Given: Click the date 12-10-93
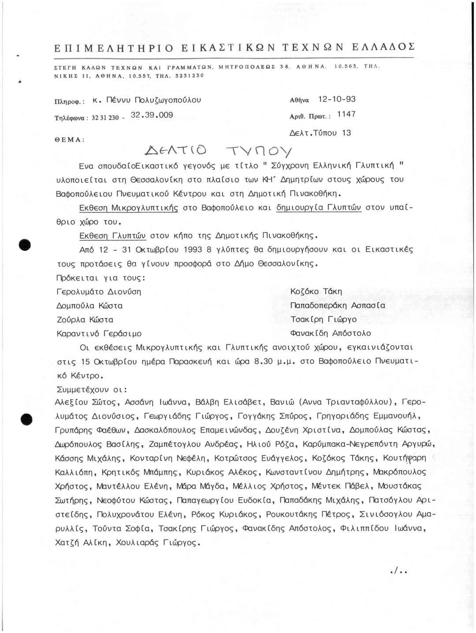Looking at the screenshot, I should [337, 100].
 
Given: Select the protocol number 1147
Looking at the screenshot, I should [346, 115].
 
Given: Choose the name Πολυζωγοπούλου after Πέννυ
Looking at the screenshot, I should [165, 100].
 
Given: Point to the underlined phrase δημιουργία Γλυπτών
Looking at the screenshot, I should [319, 208].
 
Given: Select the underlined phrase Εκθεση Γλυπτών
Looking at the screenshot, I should [112, 236].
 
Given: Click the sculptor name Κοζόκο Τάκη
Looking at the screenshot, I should [316, 292].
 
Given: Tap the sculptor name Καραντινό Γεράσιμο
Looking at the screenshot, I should [99, 333].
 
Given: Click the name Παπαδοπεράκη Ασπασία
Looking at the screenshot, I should [338, 305].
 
